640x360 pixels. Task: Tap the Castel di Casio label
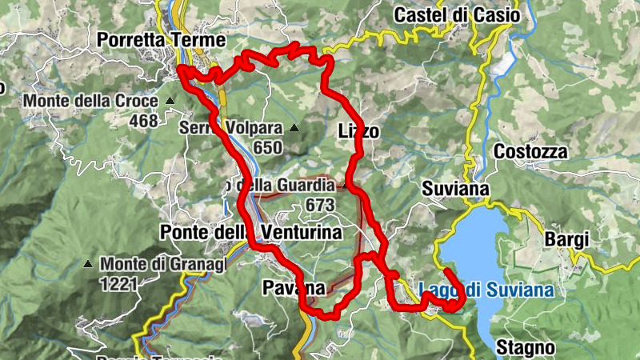[x=457, y=14]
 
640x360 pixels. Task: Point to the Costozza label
[x=530, y=151]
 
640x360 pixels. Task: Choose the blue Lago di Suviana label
[x=486, y=290]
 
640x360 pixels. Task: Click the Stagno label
[x=525, y=347]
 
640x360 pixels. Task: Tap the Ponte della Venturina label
[x=251, y=232]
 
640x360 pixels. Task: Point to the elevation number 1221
[x=118, y=282]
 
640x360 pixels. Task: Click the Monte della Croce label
[x=91, y=102]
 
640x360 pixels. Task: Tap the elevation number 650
[x=267, y=147]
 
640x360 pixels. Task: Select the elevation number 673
[x=318, y=205]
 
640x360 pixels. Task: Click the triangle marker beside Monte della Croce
[x=170, y=102]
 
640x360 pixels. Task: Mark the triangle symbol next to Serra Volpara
[x=294, y=128]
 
